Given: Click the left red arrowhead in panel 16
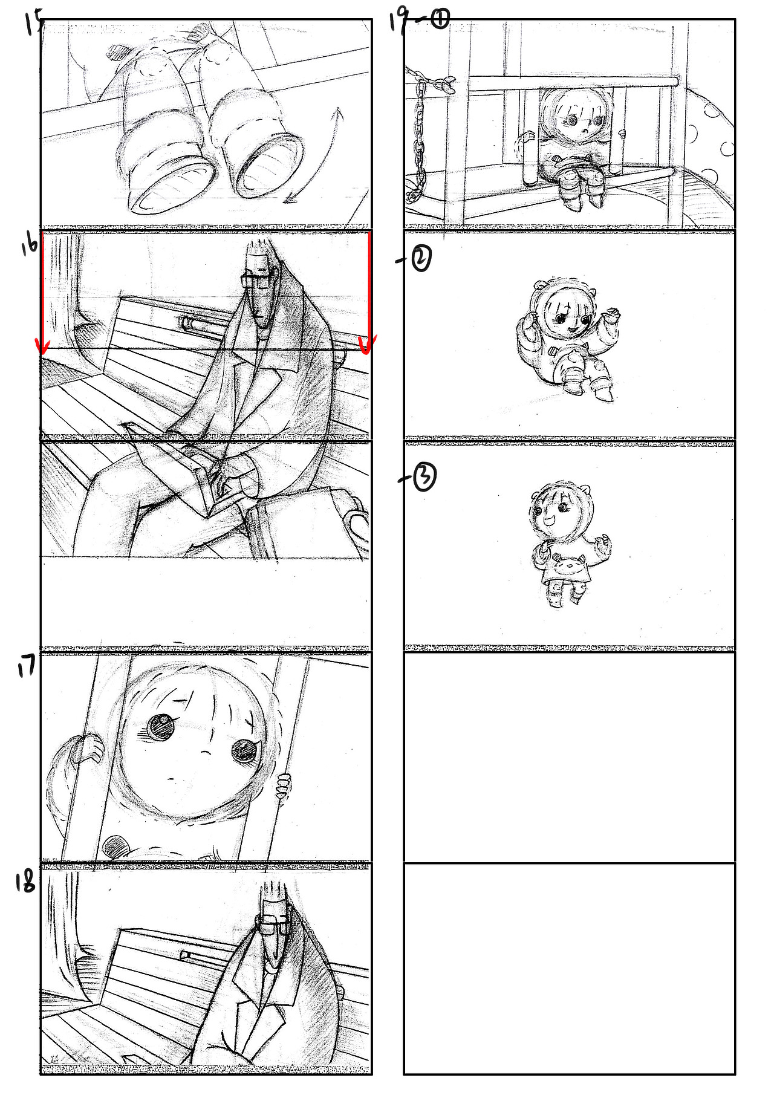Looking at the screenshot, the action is [42, 345].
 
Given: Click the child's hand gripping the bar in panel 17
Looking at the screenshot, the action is [282, 785].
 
